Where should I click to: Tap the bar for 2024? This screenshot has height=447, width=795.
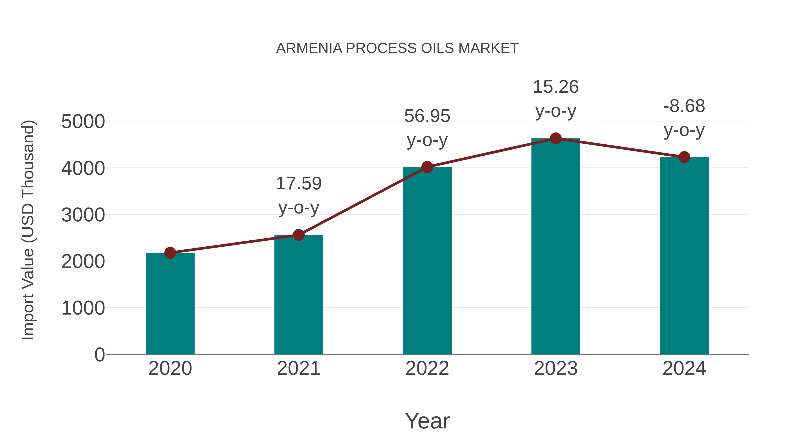[684, 256]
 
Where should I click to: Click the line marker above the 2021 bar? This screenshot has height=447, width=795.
[298, 235]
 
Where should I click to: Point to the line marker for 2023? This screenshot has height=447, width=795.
[556, 138]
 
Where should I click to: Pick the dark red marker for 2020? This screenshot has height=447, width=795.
[170, 253]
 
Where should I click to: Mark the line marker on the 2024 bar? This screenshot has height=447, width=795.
[684, 157]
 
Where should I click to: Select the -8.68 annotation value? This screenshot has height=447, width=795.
[684, 106]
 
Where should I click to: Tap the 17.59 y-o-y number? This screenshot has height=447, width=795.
[298, 184]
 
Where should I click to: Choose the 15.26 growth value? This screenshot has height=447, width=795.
[556, 87]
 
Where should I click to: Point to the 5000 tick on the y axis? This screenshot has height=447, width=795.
[83, 122]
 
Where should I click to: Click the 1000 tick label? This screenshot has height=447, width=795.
[83, 308]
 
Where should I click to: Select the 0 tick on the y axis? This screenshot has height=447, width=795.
[100, 355]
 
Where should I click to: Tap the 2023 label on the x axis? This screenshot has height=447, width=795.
[556, 368]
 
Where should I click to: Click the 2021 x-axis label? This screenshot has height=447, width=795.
[298, 368]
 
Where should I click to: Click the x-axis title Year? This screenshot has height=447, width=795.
[427, 421]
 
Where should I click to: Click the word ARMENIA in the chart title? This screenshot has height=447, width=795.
[309, 48]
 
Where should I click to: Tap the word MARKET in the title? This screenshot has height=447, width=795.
[488, 48]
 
